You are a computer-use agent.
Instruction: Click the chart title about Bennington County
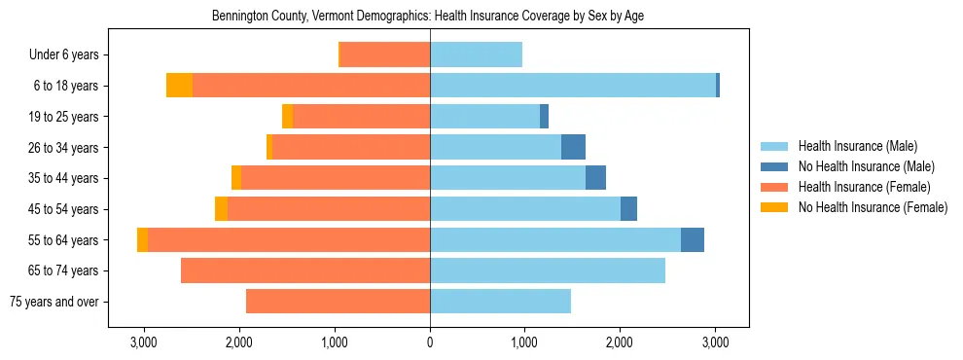pyautogui.click(x=428, y=16)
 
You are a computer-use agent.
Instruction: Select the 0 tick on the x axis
pyautogui.click(x=430, y=342)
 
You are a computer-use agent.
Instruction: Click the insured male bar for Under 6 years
pyautogui.click(x=476, y=55)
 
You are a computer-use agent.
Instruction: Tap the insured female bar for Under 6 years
pyautogui.click(x=384, y=55)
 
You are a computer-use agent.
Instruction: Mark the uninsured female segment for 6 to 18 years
pyautogui.click(x=179, y=86)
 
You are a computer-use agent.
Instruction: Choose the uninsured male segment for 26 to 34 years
pyautogui.click(x=573, y=148)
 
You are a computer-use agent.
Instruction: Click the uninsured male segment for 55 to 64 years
pyautogui.click(x=692, y=240)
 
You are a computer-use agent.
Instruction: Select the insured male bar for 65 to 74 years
pyautogui.click(x=548, y=270)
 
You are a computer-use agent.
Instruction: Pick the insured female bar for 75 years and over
pyautogui.click(x=338, y=302)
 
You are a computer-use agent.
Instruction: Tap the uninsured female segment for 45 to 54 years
pyautogui.click(x=221, y=209)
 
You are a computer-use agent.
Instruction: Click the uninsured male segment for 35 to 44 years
pyautogui.click(x=595, y=178)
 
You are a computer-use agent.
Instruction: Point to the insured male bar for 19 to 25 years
pyautogui.click(x=484, y=117)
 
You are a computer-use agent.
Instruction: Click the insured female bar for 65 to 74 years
pyautogui.click(x=305, y=270)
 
